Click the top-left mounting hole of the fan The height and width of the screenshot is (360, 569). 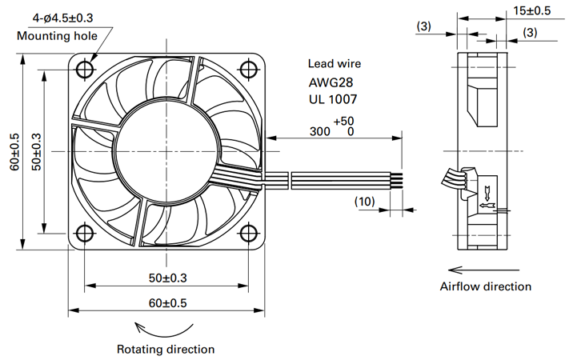coord(85,69)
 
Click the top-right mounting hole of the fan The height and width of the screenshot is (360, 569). coord(249,69)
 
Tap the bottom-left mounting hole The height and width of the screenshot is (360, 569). coord(85,233)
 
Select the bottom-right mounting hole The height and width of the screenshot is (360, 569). coord(249,233)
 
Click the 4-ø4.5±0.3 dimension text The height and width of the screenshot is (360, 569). coord(62,18)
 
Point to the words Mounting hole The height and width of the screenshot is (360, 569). coord(57,35)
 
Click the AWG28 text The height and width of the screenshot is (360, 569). coord(331,82)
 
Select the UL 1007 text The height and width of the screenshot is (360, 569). coord(333,99)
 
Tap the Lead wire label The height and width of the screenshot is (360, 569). coord(335,64)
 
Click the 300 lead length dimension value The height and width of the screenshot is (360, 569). coord(319,131)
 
